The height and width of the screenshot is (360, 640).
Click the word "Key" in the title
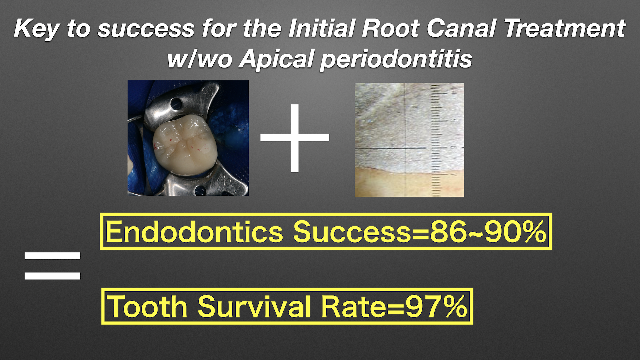click(37, 29)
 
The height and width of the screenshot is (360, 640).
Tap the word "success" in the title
click(146, 29)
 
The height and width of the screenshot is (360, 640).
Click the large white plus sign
click(295, 138)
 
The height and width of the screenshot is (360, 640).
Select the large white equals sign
click(53, 266)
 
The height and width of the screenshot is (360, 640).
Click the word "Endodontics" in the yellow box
click(194, 232)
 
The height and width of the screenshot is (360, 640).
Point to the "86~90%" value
click(488, 232)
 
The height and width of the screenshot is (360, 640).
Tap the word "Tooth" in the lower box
click(147, 306)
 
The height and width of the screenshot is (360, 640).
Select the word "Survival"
click(254, 306)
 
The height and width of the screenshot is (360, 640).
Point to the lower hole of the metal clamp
click(200, 191)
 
